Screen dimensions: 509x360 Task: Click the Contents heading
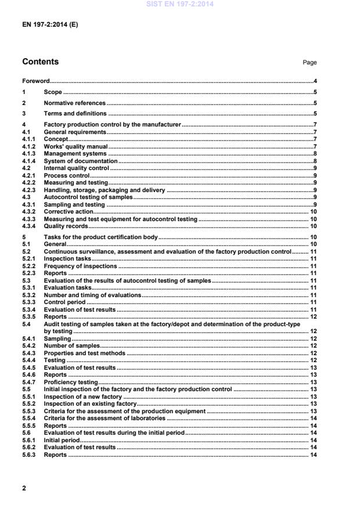[x=40, y=62]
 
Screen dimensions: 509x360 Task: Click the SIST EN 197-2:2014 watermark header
[x=179, y=3]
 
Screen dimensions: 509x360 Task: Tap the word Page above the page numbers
[x=310, y=63]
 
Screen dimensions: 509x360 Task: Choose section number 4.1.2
[x=28, y=146]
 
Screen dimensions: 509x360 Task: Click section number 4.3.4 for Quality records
[x=28, y=226]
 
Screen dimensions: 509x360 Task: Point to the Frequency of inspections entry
[x=80, y=266]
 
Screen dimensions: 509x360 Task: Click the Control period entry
[x=64, y=302]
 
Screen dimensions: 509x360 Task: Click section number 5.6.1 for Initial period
[x=28, y=440]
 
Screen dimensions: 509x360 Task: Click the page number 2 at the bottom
[x=24, y=488]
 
